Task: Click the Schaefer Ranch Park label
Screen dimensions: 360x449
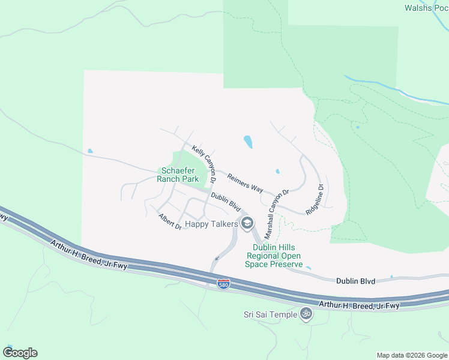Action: pyautogui.click(x=178, y=175)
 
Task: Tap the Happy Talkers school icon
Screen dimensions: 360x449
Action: pyautogui.click(x=246, y=224)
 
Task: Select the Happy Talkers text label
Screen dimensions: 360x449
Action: pyautogui.click(x=212, y=224)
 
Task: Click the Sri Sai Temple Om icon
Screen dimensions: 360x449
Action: pyautogui.click(x=306, y=314)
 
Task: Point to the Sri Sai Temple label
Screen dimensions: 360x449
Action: pyautogui.click(x=270, y=314)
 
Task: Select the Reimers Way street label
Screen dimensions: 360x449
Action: pyautogui.click(x=245, y=181)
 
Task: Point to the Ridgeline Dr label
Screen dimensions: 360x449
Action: pyautogui.click(x=315, y=199)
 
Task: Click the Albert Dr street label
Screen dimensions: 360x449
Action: pyautogui.click(x=170, y=221)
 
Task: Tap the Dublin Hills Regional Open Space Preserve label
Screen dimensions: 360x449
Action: pyautogui.click(x=274, y=256)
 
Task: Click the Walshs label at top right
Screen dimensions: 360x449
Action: pyautogui.click(x=426, y=8)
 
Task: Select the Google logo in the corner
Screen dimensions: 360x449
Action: pyautogui.click(x=20, y=353)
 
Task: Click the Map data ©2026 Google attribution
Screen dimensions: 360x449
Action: pyautogui.click(x=412, y=355)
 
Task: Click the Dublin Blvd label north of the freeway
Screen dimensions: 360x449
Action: pyautogui.click(x=355, y=280)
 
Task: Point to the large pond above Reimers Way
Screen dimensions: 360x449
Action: pyautogui.click(x=248, y=142)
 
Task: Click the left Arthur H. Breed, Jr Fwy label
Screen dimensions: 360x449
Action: pyautogui.click(x=89, y=254)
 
